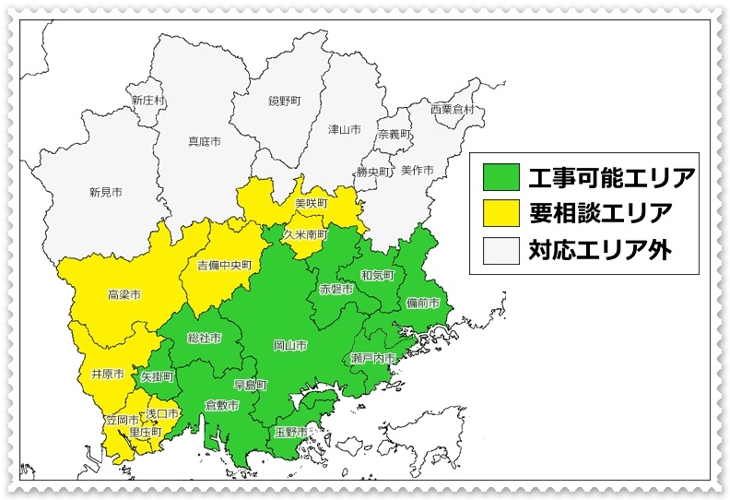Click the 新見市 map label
coord(106,193)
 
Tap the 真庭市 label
coord(205,142)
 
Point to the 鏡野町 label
coord(284,99)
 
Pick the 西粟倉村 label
coord(452,109)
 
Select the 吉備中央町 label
coord(224,266)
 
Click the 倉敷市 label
coord(222,406)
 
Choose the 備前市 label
coord(423,303)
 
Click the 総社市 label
coord(204,339)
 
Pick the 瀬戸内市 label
coord(373,358)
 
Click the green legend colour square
coord(499,175)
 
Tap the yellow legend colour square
coord(499,212)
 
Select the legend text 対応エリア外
coord(599,249)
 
